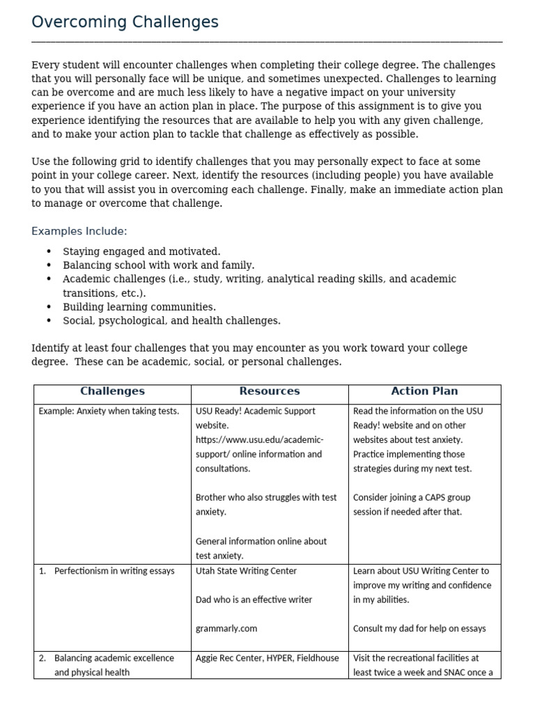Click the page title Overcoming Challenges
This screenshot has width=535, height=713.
tap(125, 22)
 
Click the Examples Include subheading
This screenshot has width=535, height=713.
tap(79, 231)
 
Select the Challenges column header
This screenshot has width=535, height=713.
tap(112, 391)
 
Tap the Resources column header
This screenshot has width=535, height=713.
tap(270, 391)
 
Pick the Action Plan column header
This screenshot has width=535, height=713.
tap(424, 391)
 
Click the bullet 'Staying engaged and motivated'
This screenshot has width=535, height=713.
tap(141, 251)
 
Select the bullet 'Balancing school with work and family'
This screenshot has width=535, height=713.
tap(159, 265)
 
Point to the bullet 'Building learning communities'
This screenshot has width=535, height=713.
tap(139, 307)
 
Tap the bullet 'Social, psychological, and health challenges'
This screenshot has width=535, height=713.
tap(171, 321)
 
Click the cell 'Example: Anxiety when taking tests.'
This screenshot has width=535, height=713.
tap(109, 412)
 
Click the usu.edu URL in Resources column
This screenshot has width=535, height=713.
tap(259, 440)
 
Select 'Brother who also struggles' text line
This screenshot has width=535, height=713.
tap(266, 497)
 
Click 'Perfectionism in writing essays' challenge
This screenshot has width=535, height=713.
tap(114, 571)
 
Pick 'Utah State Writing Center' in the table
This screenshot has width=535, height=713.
tap(246, 571)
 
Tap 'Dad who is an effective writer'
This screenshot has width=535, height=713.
tap(254, 600)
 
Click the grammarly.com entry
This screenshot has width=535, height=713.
tap(226, 628)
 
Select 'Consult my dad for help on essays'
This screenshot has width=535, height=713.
tap(419, 628)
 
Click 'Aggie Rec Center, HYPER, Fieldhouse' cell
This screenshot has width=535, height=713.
tap(267, 658)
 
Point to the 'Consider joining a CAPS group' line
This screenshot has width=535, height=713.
tap(412, 497)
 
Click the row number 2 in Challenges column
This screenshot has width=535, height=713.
tap(42, 658)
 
